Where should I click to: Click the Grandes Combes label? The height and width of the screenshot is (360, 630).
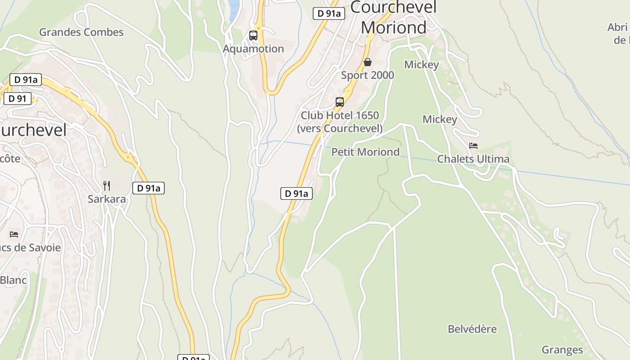tap(81, 32)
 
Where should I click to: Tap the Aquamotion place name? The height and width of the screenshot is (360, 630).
tap(253, 49)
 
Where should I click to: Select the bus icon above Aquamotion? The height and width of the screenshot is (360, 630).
tap(253, 36)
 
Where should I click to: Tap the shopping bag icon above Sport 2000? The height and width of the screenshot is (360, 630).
tap(368, 62)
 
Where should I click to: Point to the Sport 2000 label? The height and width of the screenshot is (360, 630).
tap(368, 75)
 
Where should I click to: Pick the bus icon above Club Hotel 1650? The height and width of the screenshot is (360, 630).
tap(340, 102)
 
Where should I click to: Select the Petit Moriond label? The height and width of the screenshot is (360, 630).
tap(365, 152)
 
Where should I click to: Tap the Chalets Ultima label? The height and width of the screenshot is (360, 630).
tap(473, 159)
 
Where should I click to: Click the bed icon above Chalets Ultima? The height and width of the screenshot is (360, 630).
tap(473, 146)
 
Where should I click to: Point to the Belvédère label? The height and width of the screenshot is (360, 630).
tap(472, 329)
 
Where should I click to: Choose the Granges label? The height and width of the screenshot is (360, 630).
tap(562, 350)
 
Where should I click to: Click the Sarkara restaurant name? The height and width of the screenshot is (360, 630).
tap(107, 199)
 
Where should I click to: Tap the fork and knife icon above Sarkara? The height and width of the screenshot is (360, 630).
tap(107, 185)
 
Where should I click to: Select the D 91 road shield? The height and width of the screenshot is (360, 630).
tap(18, 99)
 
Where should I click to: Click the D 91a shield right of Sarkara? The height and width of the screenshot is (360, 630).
tap(148, 188)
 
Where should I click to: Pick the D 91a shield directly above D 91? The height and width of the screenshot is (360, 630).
tap(26, 80)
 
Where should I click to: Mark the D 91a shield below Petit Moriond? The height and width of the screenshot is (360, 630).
tap(297, 193)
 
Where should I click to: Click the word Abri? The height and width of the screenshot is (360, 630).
tap(617, 27)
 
